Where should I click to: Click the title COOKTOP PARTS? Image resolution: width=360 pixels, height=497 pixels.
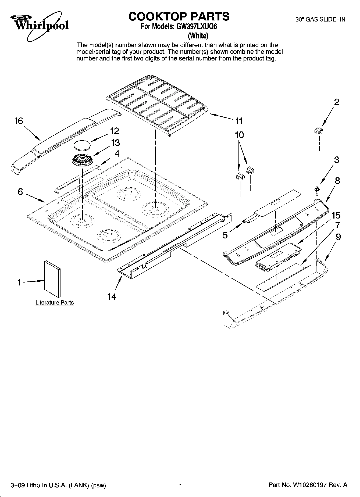point(179,16)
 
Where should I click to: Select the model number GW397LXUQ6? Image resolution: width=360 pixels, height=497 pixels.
point(196,27)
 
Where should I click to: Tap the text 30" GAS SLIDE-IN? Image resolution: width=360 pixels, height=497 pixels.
point(320,20)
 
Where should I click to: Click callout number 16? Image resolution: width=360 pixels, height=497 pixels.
point(19,121)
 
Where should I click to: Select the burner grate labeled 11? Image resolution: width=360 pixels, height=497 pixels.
point(157,105)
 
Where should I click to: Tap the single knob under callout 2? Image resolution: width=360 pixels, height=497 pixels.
point(319,131)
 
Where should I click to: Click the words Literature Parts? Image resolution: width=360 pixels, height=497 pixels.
point(55,303)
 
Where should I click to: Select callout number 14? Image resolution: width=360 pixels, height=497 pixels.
point(112,297)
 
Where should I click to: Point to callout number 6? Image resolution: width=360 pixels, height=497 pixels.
point(20,192)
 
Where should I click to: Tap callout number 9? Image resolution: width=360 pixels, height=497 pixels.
point(338,237)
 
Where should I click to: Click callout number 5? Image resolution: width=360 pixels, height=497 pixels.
point(225,235)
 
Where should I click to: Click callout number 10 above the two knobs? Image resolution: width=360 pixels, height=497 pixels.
point(239,135)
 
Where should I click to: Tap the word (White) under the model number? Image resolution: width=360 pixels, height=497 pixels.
point(198,35)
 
